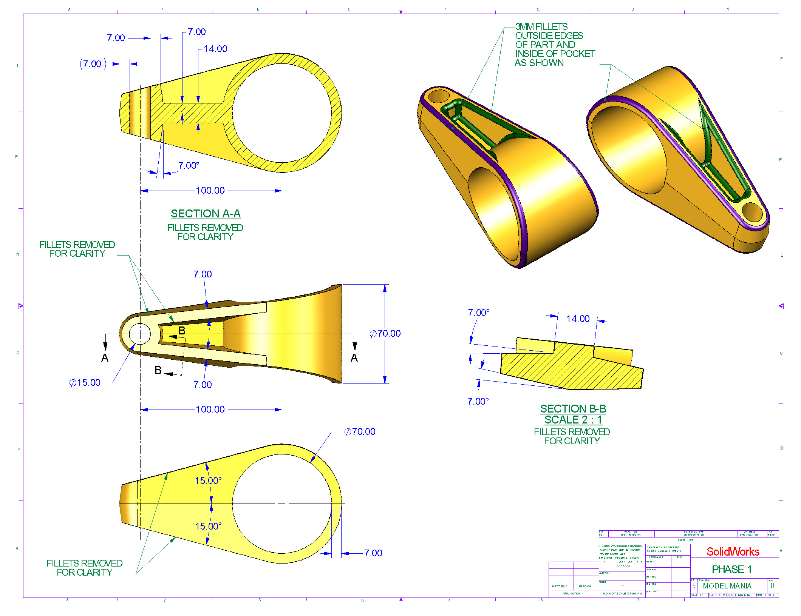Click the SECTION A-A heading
pyautogui.click(x=206, y=214)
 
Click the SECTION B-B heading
pyautogui.click(x=573, y=409)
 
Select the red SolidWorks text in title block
pyautogui.click(x=733, y=551)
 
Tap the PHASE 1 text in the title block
pyautogui.click(x=731, y=569)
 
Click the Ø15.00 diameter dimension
pyautogui.click(x=85, y=383)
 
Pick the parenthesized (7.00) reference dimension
pyautogui.click(x=92, y=64)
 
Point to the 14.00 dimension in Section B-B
pyautogui.click(x=578, y=319)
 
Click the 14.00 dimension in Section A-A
pyautogui.click(x=215, y=49)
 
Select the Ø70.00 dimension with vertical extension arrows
pyautogui.click(x=385, y=334)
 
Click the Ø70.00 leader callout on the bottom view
pyautogui.click(x=360, y=432)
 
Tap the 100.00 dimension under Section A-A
pyautogui.click(x=210, y=191)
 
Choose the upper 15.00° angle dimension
pyautogui.click(x=208, y=481)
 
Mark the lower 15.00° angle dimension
pyautogui.click(x=208, y=526)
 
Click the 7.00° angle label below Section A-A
pyautogui.click(x=189, y=166)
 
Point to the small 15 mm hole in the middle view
pyautogui.click(x=140, y=334)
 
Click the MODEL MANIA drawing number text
pyautogui.click(x=727, y=586)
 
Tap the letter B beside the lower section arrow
pyautogui.click(x=158, y=371)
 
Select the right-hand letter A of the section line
pyautogui.click(x=354, y=358)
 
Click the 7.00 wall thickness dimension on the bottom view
pyautogui.click(x=373, y=553)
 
